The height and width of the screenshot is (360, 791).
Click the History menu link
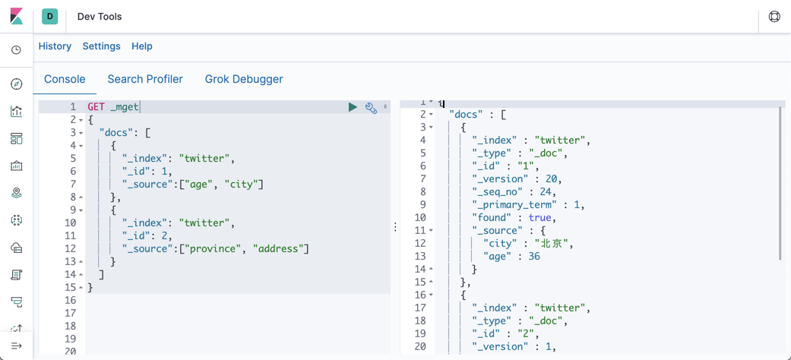coord(55,46)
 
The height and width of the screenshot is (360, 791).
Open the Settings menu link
coord(101,46)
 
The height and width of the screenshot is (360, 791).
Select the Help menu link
coord(141,46)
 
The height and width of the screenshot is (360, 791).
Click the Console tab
coord(65,79)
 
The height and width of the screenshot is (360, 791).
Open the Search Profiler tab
coord(145,79)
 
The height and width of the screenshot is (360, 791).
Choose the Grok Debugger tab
coord(244,79)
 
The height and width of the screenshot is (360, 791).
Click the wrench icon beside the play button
coord(371,108)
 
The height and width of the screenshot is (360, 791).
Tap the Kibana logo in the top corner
coord(16,16)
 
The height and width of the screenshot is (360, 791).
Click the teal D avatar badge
coord(50,16)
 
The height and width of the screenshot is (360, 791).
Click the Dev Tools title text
coord(100,17)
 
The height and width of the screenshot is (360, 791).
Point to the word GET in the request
coord(96,107)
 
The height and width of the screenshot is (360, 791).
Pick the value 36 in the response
coord(534,257)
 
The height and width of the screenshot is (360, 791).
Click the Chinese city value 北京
coord(553,244)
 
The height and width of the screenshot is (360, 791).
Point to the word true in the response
coord(540,218)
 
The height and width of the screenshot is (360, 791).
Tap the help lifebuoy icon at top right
coord(774,17)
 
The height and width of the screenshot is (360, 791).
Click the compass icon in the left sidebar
coord(17,84)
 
